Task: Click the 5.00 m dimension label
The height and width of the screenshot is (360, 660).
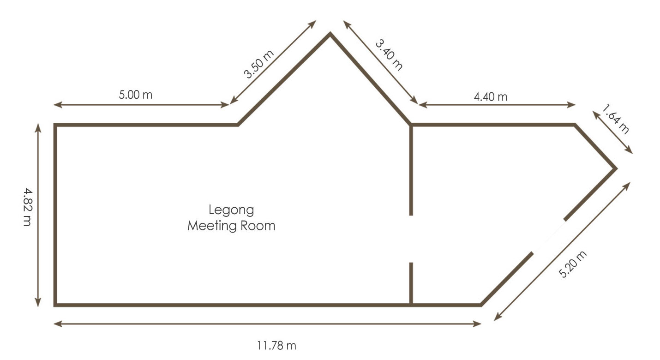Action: point(136,95)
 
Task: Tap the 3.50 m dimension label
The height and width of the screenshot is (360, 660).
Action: point(259,64)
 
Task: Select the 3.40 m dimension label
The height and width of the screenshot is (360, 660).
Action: point(389,55)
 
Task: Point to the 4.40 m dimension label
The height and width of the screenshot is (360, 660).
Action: point(491,97)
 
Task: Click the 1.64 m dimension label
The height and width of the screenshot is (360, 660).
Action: point(616,119)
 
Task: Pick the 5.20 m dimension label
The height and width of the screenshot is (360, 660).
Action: point(572,264)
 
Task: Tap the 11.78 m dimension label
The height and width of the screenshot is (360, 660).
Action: point(276,346)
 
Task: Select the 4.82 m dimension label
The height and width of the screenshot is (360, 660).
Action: point(28,207)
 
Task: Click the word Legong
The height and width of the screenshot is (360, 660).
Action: point(231,210)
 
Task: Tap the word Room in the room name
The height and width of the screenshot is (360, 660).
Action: point(258,226)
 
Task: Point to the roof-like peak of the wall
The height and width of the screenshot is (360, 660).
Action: point(330,34)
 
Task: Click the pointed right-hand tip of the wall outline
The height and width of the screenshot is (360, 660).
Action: point(616,168)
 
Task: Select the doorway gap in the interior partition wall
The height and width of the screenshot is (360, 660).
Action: point(411,239)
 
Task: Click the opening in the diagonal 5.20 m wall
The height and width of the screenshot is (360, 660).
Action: point(549,236)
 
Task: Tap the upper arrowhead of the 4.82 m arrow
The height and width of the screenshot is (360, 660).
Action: point(38,127)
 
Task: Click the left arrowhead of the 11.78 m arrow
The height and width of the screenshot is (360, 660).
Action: point(57,324)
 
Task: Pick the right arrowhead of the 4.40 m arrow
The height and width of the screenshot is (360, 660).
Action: point(571,105)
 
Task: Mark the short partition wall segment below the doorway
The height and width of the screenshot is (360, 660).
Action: point(411,283)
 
